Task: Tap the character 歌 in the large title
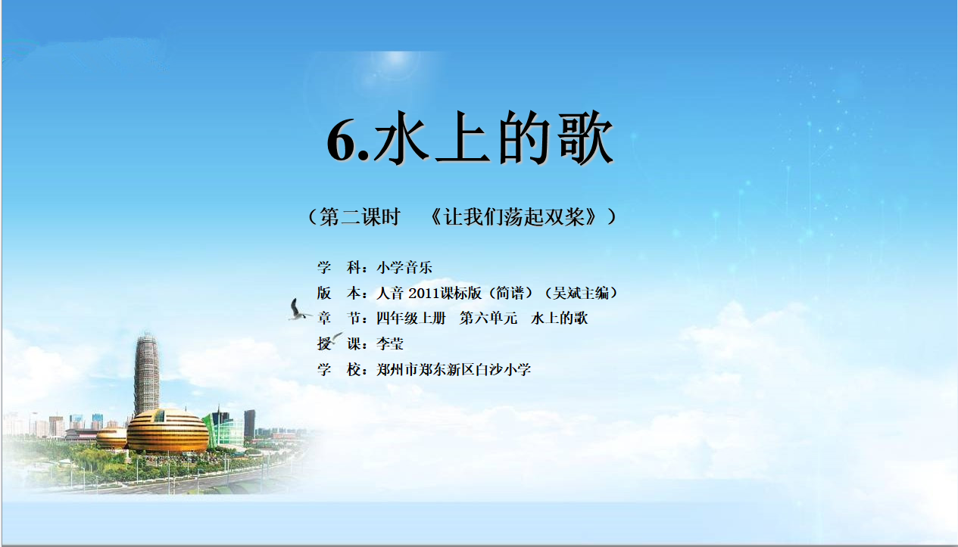tap(586, 138)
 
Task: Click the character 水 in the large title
tap(401, 138)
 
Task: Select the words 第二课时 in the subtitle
tap(359, 216)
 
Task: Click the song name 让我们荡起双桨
tap(514, 216)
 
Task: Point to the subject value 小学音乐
tap(404, 268)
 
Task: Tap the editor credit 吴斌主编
tap(580, 293)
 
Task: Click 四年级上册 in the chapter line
tap(411, 319)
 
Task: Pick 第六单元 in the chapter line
tap(488, 319)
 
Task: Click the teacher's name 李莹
tap(390, 343)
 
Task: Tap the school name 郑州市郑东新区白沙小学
tap(454, 369)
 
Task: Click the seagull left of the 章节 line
tap(298, 310)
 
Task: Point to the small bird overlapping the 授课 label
tap(335, 338)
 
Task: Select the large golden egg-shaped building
tap(167, 430)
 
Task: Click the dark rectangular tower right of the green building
tap(249, 423)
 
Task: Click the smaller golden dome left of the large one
tap(111, 439)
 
